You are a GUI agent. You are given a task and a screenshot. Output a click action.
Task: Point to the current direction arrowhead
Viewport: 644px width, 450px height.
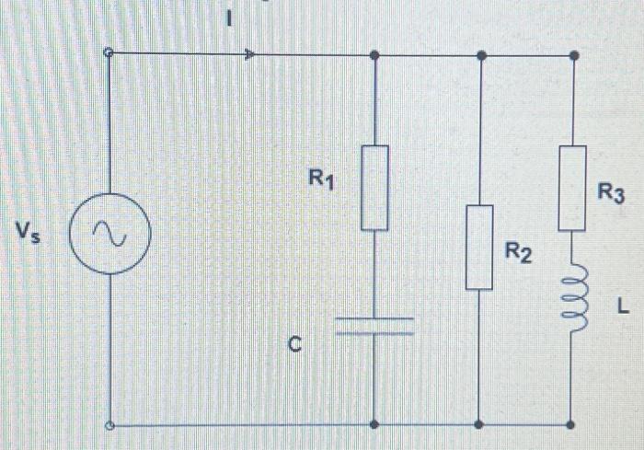(x=249, y=55)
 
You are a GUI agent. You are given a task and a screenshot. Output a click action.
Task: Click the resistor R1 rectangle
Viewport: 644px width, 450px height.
(x=374, y=188)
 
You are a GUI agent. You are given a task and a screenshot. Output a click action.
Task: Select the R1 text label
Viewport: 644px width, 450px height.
(x=320, y=180)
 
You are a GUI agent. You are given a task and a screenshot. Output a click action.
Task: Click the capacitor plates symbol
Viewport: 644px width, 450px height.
(x=374, y=325)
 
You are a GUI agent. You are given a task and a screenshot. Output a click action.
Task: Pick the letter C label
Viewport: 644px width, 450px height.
(x=294, y=345)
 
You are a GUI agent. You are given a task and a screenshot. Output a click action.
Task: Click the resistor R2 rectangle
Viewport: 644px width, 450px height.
(x=478, y=247)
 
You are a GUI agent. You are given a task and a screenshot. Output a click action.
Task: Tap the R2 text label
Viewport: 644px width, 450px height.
(x=517, y=252)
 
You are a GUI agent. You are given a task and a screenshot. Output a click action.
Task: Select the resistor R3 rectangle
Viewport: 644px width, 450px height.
(x=572, y=188)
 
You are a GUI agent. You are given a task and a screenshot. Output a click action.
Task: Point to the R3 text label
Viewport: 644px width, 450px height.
(x=611, y=192)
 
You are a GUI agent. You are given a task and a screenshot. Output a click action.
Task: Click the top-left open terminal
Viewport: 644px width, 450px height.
(x=109, y=54)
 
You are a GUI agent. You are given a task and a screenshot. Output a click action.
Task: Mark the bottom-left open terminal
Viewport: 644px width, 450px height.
(x=109, y=425)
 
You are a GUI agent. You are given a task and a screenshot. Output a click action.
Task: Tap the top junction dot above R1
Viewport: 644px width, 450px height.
(x=374, y=55)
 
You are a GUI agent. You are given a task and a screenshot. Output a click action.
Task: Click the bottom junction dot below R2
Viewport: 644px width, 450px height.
(x=478, y=425)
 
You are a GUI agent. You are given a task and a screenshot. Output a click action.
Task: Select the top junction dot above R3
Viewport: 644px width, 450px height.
(x=573, y=55)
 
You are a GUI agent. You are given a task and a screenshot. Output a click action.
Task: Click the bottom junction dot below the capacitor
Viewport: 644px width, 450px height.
(x=374, y=425)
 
